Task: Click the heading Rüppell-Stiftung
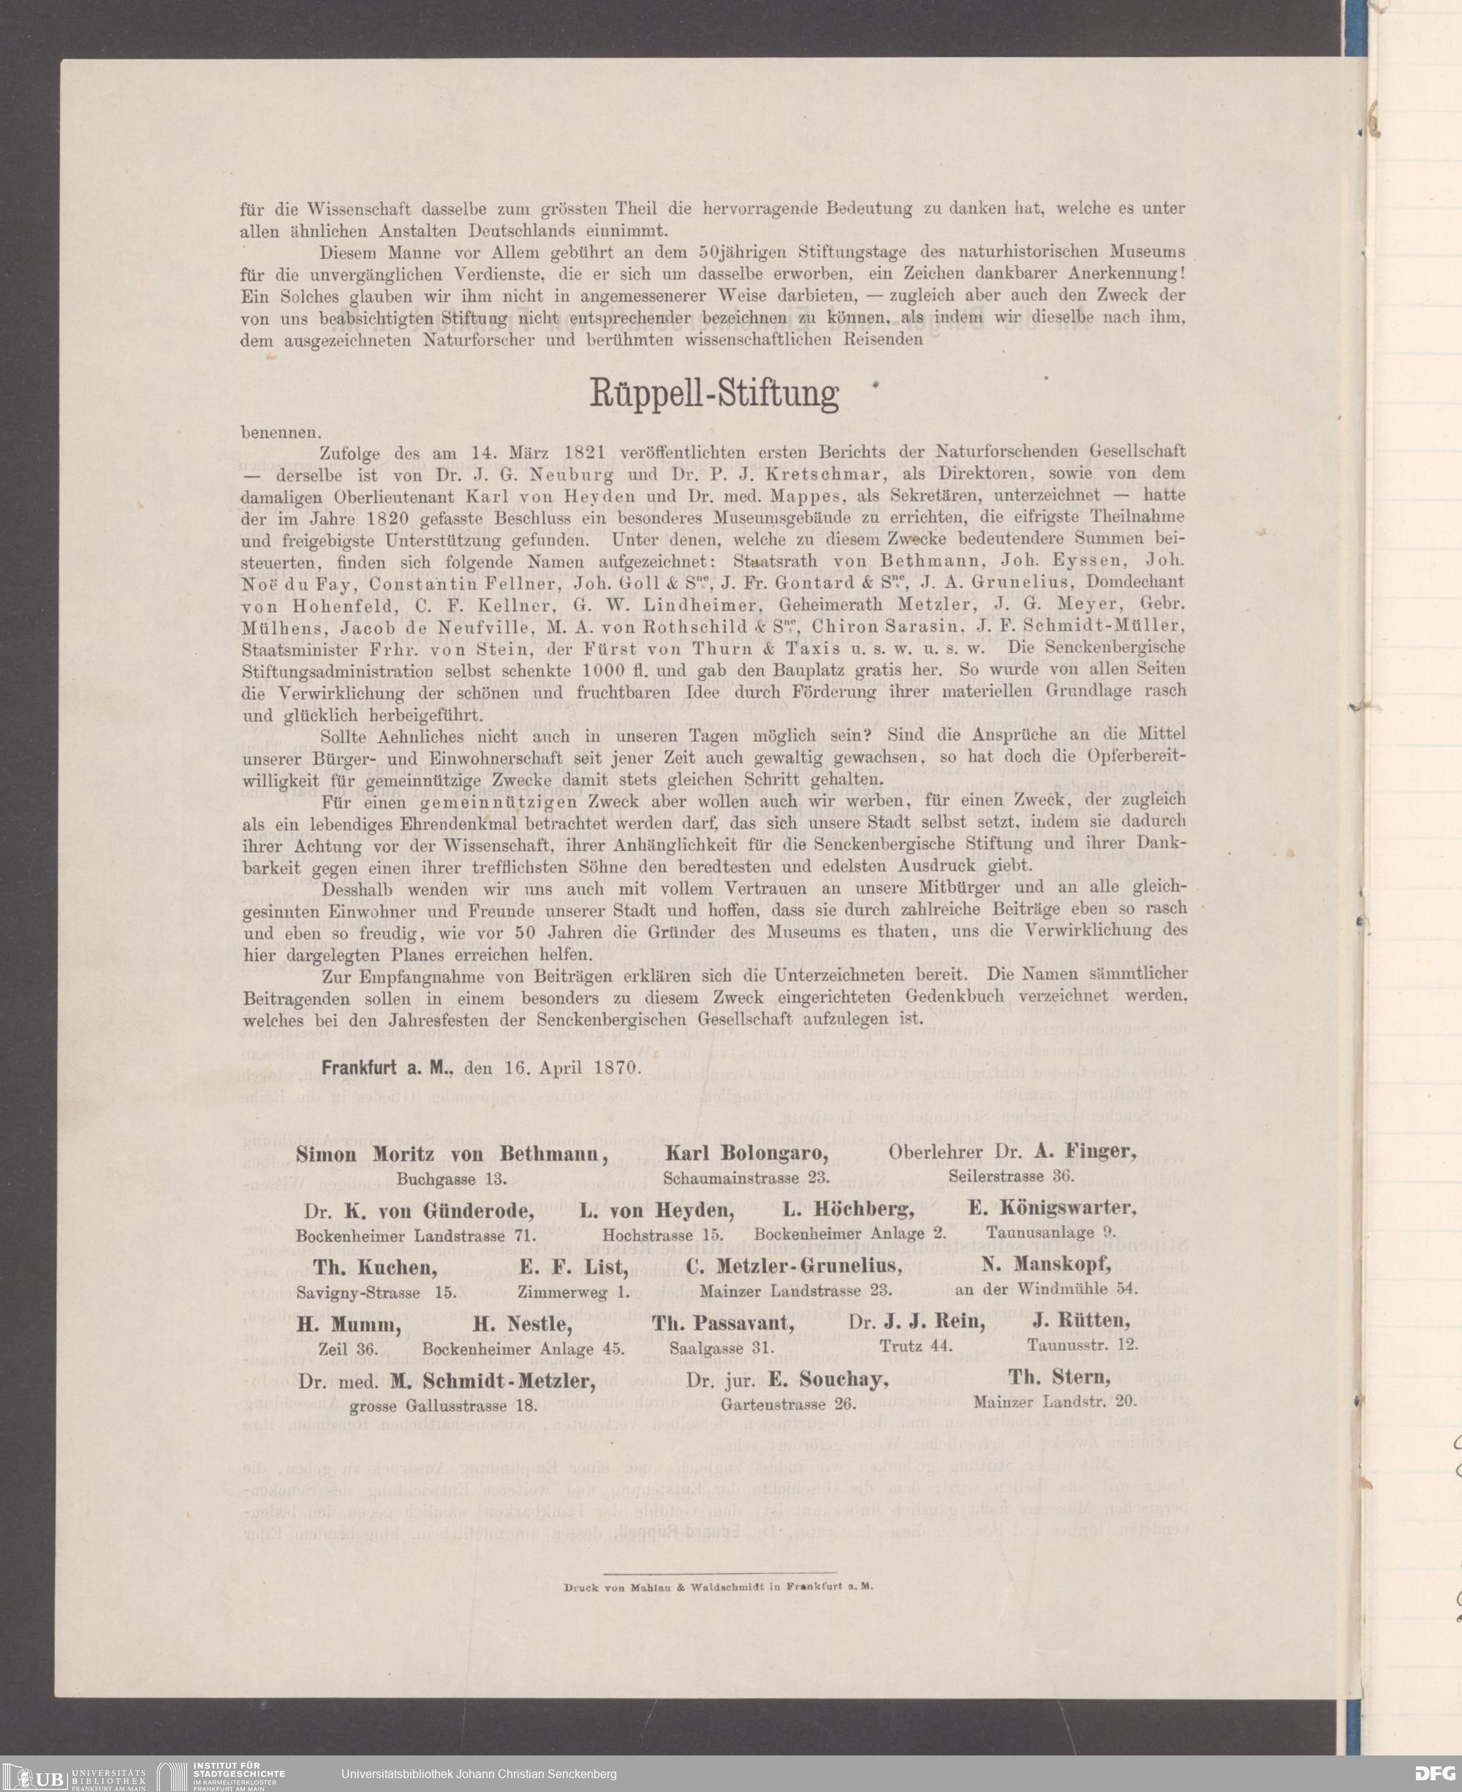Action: tap(713, 393)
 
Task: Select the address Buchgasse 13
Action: tap(452, 1179)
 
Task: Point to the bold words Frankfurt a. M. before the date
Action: tap(388, 1066)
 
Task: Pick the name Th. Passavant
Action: tap(722, 1322)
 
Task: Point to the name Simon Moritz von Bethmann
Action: tap(452, 1154)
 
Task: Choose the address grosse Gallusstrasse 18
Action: tap(443, 1405)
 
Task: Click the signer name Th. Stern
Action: tap(1059, 1377)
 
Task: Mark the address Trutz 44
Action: tap(915, 1346)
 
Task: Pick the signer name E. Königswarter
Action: tap(1051, 1208)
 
